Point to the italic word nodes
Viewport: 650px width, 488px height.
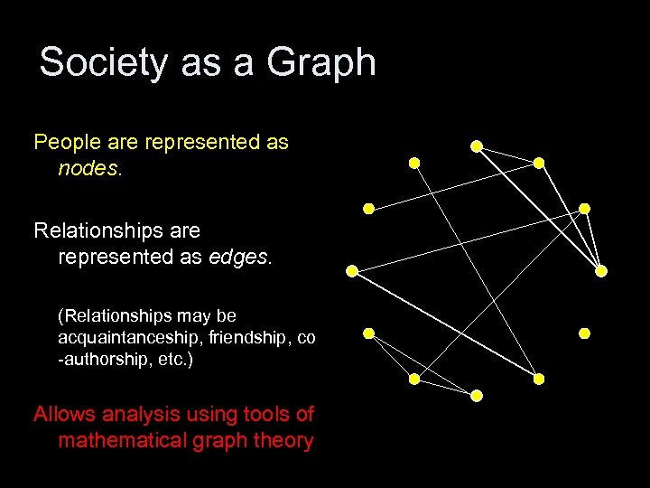click(88, 169)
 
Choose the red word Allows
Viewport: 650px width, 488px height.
click(66, 415)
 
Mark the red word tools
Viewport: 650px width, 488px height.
click(265, 415)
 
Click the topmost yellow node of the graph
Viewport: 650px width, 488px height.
click(476, 145)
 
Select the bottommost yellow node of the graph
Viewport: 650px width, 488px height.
click(477, 396)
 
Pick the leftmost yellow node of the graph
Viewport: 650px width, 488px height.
click(351, 270)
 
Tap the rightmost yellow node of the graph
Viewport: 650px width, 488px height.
click(601, 270)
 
